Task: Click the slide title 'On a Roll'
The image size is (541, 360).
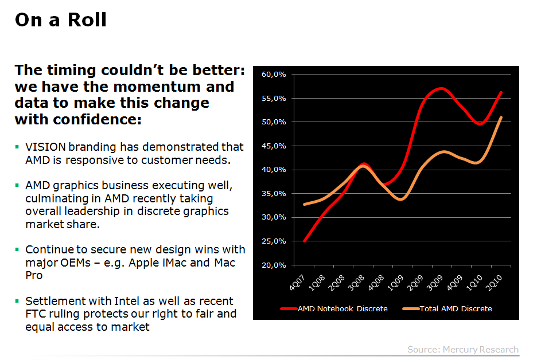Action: [x=60, y=20]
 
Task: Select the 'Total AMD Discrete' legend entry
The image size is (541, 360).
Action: [x=456, y=308]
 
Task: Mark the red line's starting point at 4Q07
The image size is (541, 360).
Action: [x=304, y=241]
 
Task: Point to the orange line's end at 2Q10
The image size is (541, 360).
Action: [x=501, y=118]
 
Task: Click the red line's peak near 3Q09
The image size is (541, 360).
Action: [x=440, y=88]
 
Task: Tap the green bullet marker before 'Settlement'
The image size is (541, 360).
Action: [x=17, y=300]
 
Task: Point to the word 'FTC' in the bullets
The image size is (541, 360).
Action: [x=37, y=314]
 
